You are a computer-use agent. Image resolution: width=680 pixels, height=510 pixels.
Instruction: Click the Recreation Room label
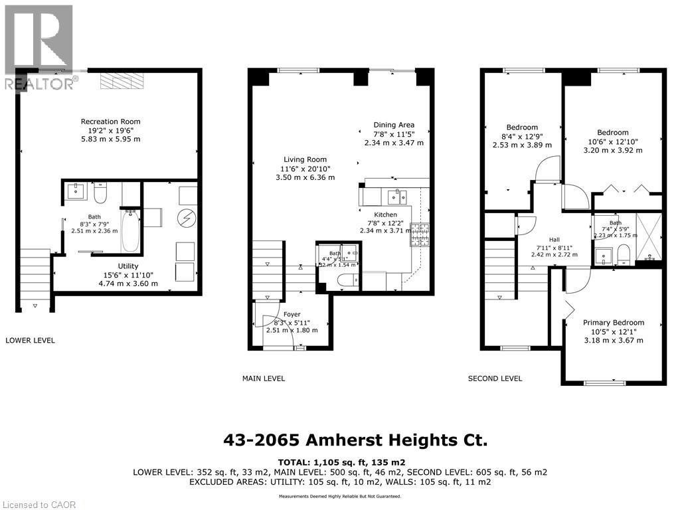pos(110,122)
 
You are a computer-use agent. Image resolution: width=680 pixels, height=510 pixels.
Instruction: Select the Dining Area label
pos(394,125)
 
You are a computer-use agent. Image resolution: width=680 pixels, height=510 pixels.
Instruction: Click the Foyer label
pos(292,314)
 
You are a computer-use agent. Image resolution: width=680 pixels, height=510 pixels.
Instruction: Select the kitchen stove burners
pos(420,234)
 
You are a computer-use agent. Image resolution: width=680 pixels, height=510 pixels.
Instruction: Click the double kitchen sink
pos(398,195)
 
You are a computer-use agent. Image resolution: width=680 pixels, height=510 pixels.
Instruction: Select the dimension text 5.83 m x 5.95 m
pos(110,139)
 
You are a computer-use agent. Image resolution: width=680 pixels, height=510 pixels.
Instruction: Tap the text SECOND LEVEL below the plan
pos(495,379)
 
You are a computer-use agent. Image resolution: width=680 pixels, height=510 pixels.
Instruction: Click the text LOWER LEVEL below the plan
pos(30,341)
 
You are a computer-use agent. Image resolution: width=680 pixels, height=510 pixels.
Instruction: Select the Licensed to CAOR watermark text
pos(39,504)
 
